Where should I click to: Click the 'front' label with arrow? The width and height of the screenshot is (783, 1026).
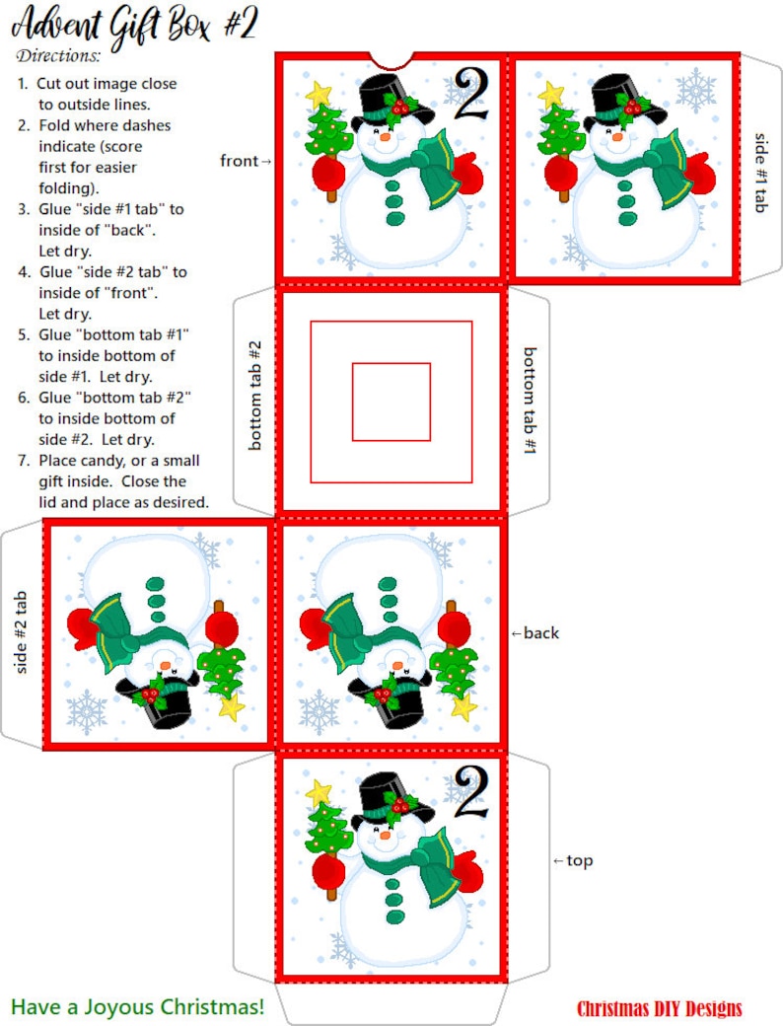click(x=246, y=160)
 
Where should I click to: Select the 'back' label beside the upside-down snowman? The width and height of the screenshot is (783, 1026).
click(x=535, y=632)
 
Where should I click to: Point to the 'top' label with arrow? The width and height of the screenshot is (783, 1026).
click(x=573, y=860)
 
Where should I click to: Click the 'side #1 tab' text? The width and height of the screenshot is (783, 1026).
click(x=760, y=173)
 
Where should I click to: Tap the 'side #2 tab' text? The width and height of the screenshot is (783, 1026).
click(x=21, y=632)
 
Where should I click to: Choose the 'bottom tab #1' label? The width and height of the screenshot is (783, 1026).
click(x=530, y=401)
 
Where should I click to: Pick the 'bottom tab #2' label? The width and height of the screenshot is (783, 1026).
click(x=254, y=396)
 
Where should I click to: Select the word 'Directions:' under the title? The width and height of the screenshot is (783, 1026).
click(x=59, y=55)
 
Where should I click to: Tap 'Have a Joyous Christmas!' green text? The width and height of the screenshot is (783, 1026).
click(x=138, y=1006)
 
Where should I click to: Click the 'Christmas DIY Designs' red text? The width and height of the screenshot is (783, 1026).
click(x=660, y=1008)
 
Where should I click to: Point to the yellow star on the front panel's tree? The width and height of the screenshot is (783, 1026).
click(x=319, y=93)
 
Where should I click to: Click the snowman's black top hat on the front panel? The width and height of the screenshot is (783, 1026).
click(x=391, y=99)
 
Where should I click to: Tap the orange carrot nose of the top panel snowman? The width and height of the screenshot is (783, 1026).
click(x=385, y=835)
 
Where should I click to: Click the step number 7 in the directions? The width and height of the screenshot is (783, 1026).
click(x=24, y=461)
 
